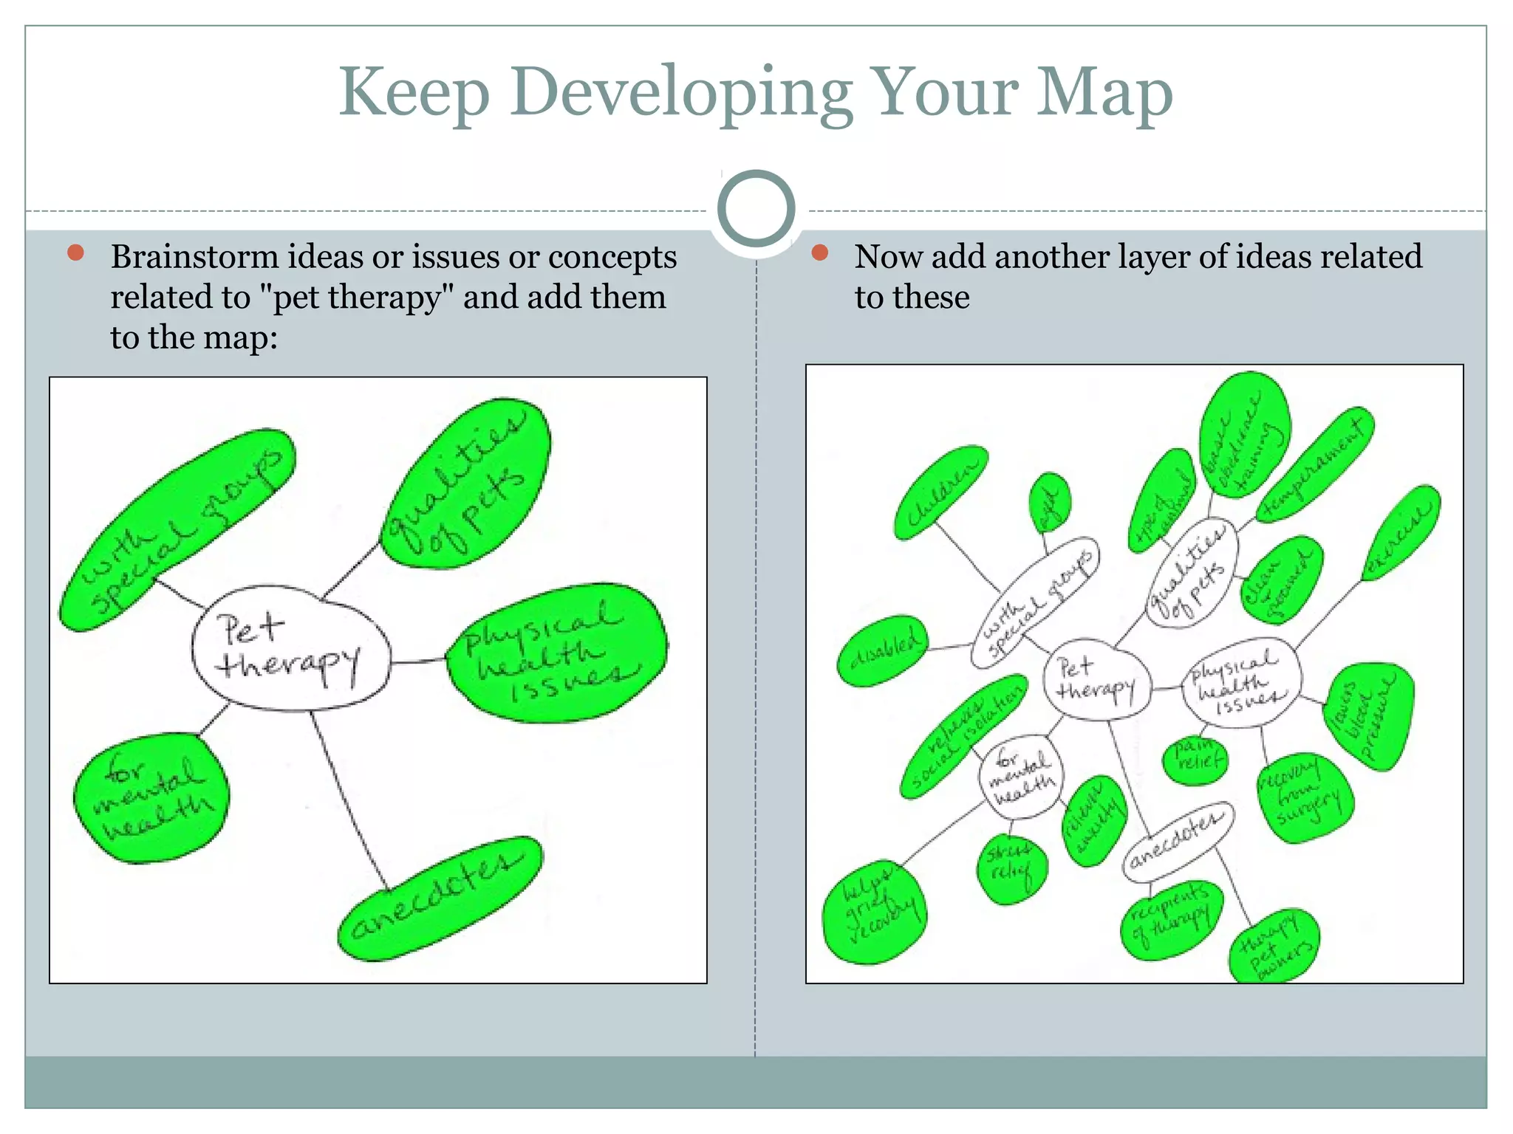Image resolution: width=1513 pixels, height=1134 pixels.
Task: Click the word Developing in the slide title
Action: point(680,93)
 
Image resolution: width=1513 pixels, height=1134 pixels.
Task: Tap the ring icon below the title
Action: point(756,209)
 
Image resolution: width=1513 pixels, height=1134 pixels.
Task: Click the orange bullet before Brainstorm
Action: point(75,253)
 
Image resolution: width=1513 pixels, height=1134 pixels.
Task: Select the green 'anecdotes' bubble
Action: point(439,898)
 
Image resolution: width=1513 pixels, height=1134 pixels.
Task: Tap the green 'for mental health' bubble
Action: point(152,797)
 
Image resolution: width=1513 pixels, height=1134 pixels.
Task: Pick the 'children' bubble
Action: point(940,492)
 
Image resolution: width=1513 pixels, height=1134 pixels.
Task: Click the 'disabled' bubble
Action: point(884,650)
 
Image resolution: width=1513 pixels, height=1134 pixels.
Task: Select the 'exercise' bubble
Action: point(1401,533)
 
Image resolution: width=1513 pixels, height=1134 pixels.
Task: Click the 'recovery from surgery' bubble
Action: point(1306,798)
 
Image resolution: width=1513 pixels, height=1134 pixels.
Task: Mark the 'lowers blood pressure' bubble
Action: point(1369,717)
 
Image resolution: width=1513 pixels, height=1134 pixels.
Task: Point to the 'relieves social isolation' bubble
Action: point(962,736)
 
